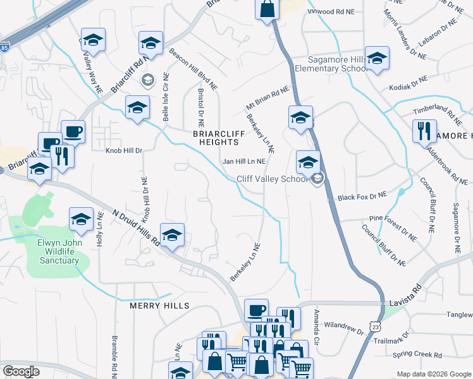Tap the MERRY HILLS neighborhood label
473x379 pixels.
[159, 306]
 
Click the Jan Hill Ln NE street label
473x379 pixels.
[243, 162]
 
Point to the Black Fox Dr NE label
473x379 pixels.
[361, 197]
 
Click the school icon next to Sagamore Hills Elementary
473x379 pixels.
[377, 59]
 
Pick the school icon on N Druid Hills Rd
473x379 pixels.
[172, 236]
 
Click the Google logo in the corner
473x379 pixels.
[21, 371]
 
